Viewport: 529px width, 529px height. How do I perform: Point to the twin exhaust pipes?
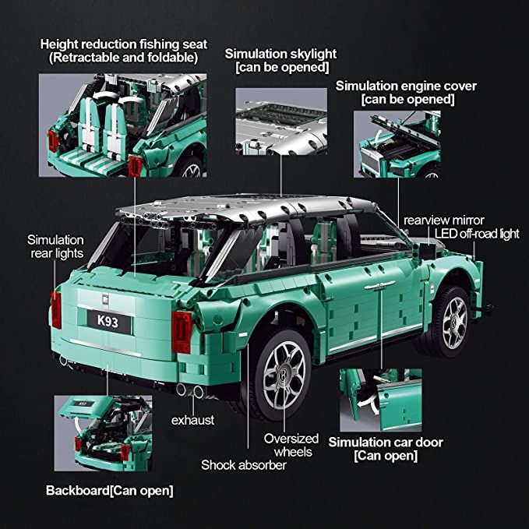[189, 390]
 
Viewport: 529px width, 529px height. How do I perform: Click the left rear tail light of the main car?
[55, 310]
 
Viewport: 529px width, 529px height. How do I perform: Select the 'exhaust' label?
[192, 420]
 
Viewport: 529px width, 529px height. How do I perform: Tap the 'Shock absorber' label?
[243, 465]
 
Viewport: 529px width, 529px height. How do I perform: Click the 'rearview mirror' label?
[443, 220]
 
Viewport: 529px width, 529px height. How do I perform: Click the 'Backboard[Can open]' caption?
[109, 490]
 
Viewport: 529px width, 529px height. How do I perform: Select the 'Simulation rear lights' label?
[55, 246]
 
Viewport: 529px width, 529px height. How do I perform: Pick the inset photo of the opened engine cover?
[397, 144]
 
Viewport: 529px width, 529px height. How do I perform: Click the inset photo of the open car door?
[380, 400]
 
